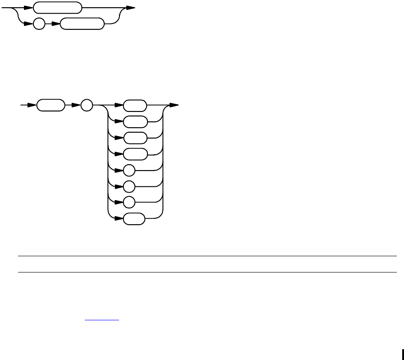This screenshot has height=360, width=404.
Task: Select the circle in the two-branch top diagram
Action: click(x=40, y=24)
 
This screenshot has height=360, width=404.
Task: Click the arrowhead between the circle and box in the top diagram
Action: click(x=56, y=24)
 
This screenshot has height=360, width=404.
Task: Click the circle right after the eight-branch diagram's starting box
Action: click(x=86, y=106)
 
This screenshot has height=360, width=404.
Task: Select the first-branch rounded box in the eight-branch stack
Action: click(x=135, y=106)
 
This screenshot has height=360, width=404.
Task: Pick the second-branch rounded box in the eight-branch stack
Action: click(x=135, y=122)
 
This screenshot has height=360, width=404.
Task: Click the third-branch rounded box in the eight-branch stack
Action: click(x=135, y=138)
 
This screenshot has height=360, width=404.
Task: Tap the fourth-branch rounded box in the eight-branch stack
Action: click(x=135, y=154)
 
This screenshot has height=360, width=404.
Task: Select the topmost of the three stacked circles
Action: click(x=129, y=171)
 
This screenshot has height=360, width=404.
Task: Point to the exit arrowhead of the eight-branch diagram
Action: click(x=174, y=106)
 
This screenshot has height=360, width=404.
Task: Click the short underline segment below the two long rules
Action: click(x=101, y=320)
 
